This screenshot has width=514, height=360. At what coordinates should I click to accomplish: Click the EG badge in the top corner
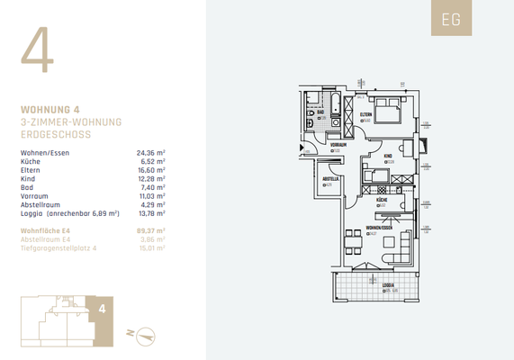point(450,21)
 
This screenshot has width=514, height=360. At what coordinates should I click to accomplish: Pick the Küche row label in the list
point(31,162)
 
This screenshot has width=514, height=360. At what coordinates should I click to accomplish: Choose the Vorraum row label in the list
point(34,195)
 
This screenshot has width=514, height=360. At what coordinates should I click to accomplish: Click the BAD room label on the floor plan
point(320,112)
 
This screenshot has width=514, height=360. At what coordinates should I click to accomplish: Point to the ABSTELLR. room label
point(330,179)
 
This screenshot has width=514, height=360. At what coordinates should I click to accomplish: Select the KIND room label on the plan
point(388,156)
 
